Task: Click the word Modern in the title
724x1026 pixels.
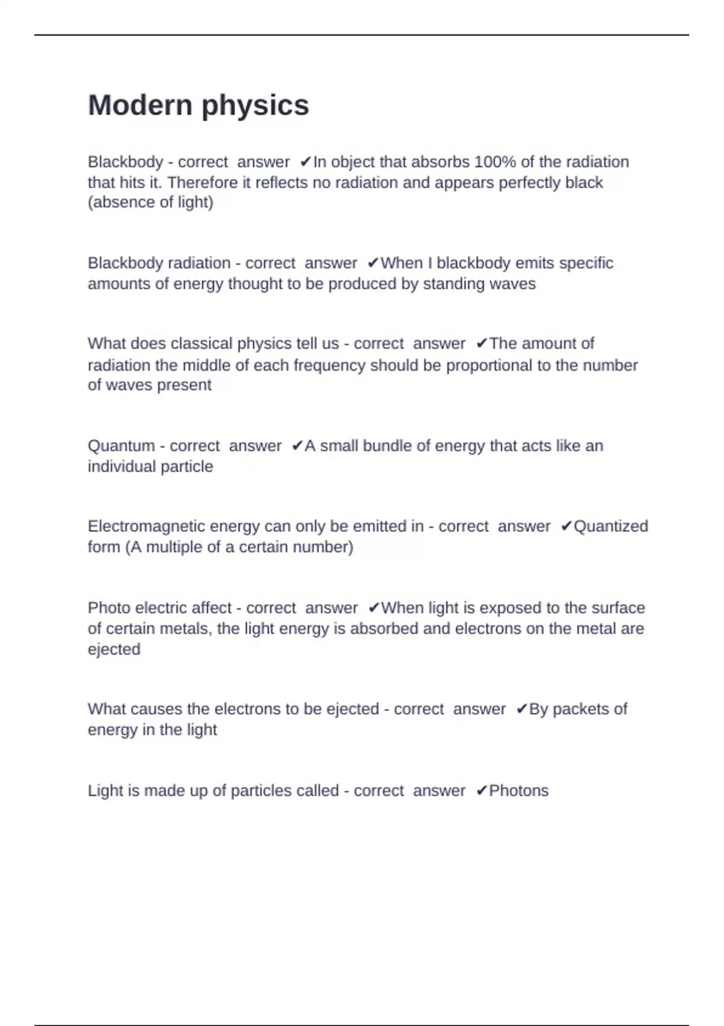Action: (140, 105)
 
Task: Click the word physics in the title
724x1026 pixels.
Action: (255, 106)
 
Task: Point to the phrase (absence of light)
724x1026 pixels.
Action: (151, 202)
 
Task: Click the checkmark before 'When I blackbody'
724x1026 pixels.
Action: (373, 263)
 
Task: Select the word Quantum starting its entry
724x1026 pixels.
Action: (121, 446)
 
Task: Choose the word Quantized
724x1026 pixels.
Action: (611, 526)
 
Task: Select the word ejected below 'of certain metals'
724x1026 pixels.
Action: (114, 649)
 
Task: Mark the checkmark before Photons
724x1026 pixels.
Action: (481, 791)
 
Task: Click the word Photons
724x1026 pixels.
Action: (519, 791)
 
